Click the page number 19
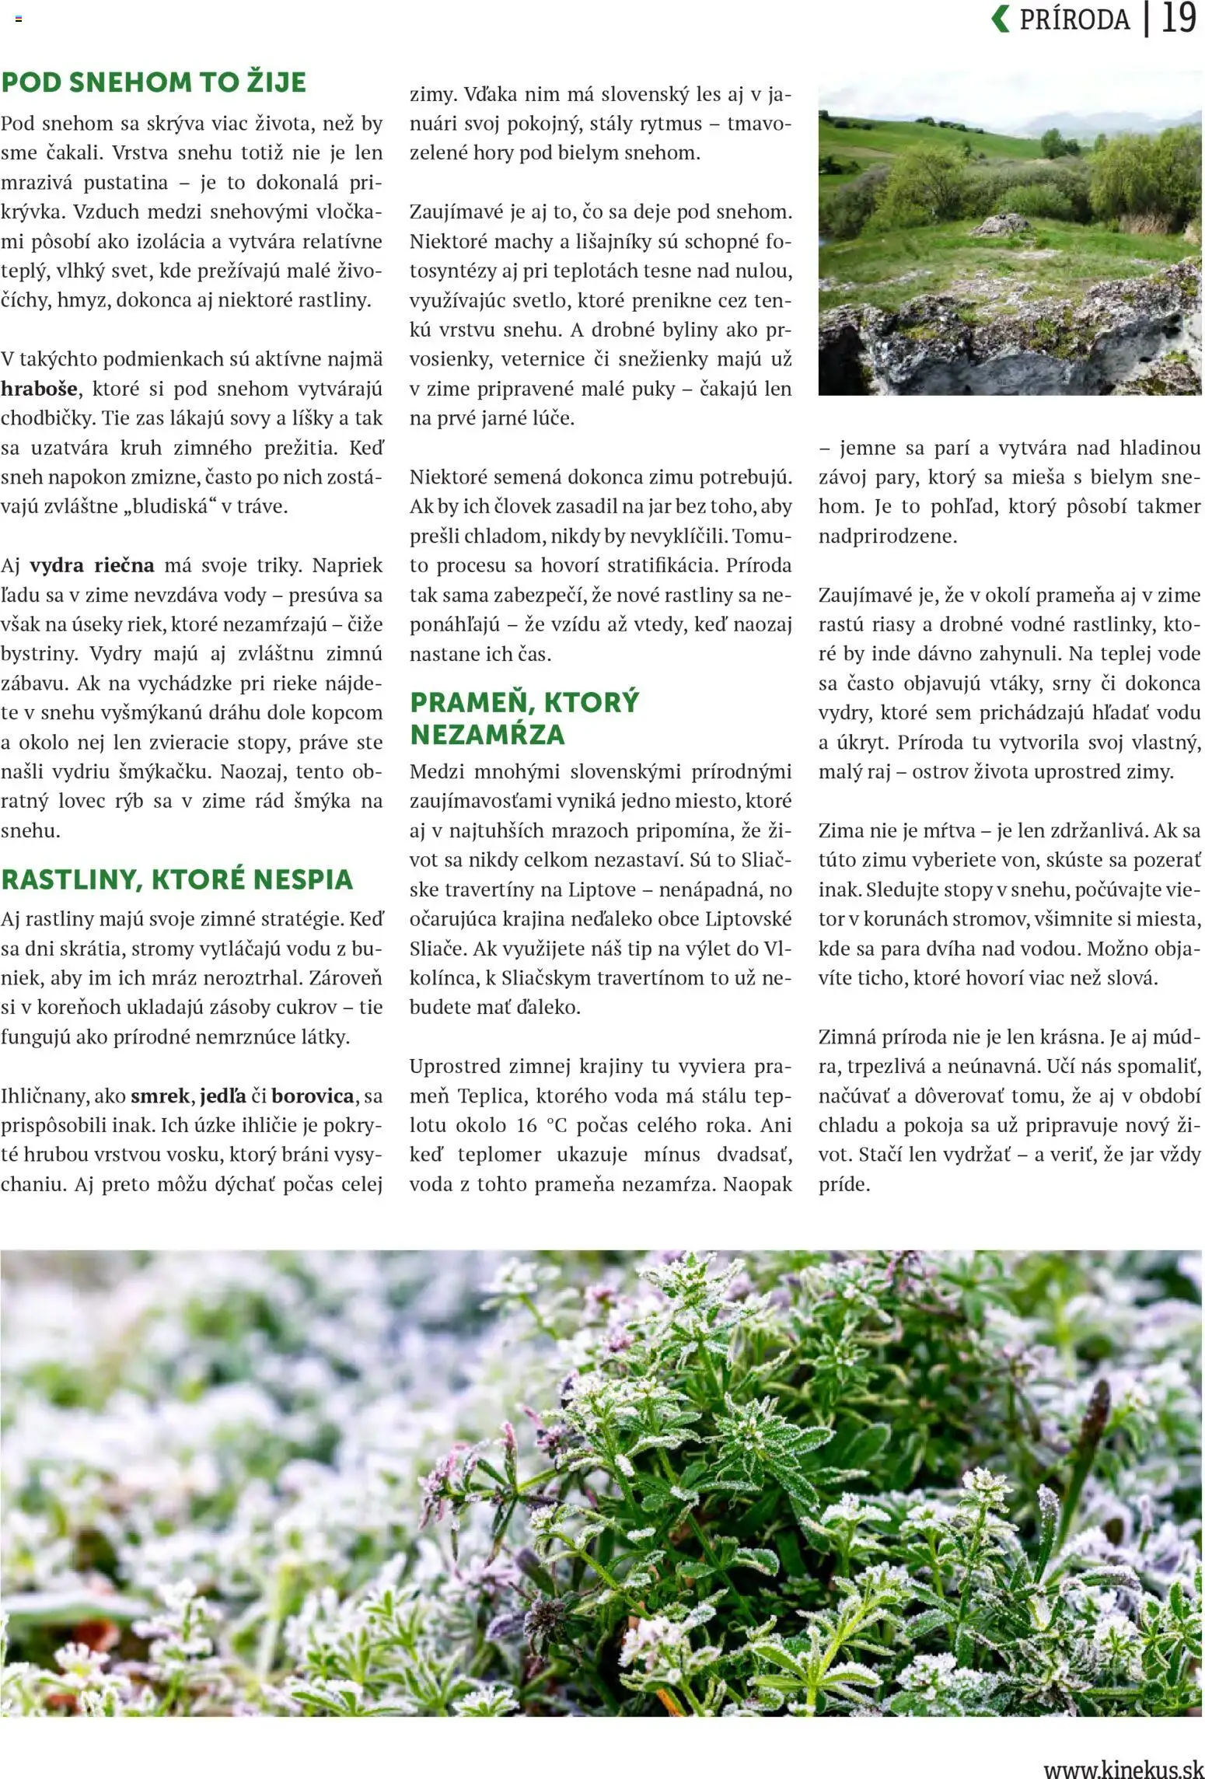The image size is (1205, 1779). (x=1178, y=19)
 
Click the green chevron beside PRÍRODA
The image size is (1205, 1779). (x=1001, y=19)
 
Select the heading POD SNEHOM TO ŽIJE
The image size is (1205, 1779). (x=154, y=82)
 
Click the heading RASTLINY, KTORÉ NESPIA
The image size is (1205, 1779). (x=177, y=879)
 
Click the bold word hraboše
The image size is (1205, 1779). (x=40, y=389)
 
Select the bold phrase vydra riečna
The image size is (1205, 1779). (x=92, y=565)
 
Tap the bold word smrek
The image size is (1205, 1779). (x=159, y=1096)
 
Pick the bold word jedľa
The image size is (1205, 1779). (x=223, y=1096)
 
